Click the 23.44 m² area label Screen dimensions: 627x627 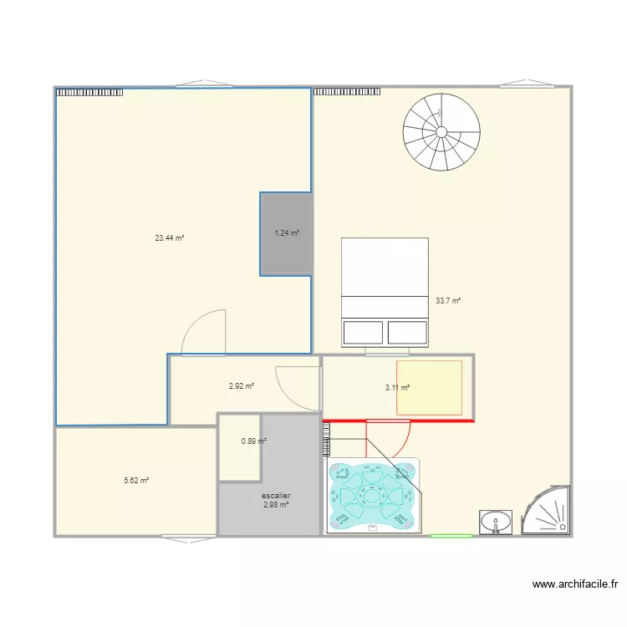[169, 238]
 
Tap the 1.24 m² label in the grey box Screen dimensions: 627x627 [287, 233]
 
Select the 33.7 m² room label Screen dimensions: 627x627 [448, 301]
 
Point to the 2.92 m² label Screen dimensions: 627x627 [241, 386]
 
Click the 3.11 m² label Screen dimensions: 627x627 [397, 387]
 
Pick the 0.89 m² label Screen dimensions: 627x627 [253, 441]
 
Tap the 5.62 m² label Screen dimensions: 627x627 [136, 481]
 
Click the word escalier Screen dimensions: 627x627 [276, 496]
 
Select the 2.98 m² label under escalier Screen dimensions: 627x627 [276, 505]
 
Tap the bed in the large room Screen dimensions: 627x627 [385, 292]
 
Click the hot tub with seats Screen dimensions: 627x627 [373, 496]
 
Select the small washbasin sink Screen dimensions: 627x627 [496, 522]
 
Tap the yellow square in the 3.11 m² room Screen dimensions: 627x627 [429, 387]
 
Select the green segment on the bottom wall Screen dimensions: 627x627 [451, 536]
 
